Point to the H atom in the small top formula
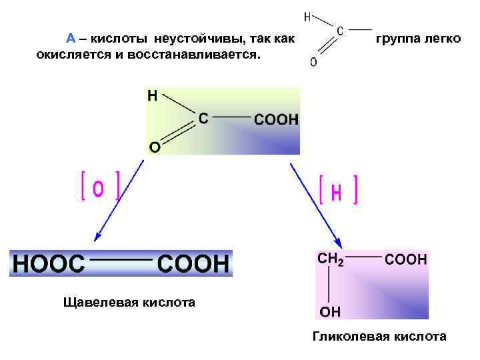point(308,16)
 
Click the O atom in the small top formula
point(313,63)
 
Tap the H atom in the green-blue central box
point(153,96)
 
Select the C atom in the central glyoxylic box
point(203,119)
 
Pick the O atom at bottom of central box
point(154,147)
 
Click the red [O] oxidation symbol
point(99,187)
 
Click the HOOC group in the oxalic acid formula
point(49,264)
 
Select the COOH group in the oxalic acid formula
point(193,264)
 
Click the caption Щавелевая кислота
point(129,303)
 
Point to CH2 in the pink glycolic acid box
point(331,259)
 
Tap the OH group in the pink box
point(330,311)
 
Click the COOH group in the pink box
point(407,259)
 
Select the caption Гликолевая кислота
point(379,337)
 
